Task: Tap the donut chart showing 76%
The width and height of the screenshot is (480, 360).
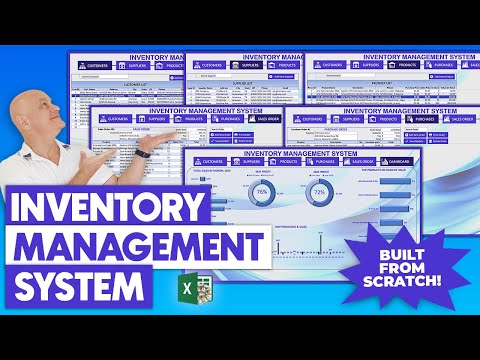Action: tap(261, 191)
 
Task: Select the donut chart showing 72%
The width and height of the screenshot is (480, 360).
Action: tap(320, 191)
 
